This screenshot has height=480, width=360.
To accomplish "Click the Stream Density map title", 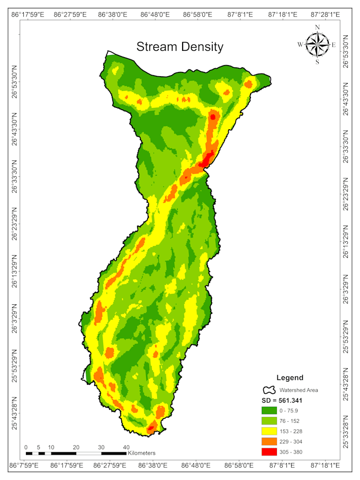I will click(x=180, y=47).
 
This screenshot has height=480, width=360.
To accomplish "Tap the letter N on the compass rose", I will click(x=317, y=27).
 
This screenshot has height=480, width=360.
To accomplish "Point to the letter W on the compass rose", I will click(x=300, y=45).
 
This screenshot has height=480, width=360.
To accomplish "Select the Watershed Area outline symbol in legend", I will click(x=269, y=390).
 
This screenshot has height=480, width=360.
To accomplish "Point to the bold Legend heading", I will click(x=290, y=377).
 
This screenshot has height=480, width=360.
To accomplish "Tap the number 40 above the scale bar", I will click(x=126, y=447).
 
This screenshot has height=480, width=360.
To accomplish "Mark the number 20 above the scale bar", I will click(x=76, y=447).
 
